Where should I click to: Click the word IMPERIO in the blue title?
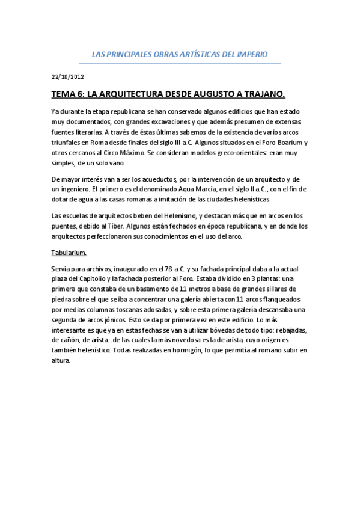pos(252,54)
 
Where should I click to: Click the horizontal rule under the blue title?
pos(180,63)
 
